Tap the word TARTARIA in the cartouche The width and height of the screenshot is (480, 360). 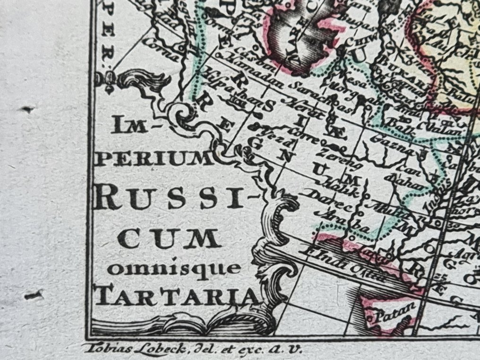point(177,296)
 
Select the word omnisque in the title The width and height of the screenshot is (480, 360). point(174,269)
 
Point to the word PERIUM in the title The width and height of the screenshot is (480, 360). point(154,159)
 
